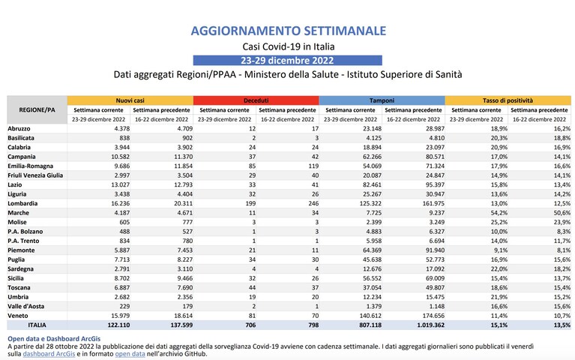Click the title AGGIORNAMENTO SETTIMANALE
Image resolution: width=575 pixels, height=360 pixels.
(x=288, y=31)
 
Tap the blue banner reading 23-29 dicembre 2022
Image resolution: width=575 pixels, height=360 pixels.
(x=288, y=60)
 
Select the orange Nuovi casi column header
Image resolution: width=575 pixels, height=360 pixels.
(x=130, y=100)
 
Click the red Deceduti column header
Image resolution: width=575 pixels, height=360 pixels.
(x=256, y=100)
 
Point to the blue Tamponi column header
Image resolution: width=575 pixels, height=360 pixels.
(x=382, y=100)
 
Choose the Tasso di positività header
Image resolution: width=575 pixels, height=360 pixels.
(x=508, y=100)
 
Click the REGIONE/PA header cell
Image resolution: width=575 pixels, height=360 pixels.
(x=37, y=109)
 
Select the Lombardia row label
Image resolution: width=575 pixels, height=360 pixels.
(x=22, y=203)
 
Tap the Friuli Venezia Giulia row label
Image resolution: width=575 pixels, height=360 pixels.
(x=35, y=175)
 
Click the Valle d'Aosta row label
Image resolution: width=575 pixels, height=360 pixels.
(x=26, y=306)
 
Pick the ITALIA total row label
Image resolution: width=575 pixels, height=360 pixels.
(x=37, y=325)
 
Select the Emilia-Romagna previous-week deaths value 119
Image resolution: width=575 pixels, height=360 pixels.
(x=313, y=166)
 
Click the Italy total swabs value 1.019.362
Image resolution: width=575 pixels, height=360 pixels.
(x=430, y=325)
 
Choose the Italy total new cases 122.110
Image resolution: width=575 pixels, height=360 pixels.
(x=118, y=325)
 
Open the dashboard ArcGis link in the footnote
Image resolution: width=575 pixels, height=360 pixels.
(x=49, y=354)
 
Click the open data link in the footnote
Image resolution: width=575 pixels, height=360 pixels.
(x=130, y=354)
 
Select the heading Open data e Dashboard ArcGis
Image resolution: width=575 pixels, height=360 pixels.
(x=54, y=339)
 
